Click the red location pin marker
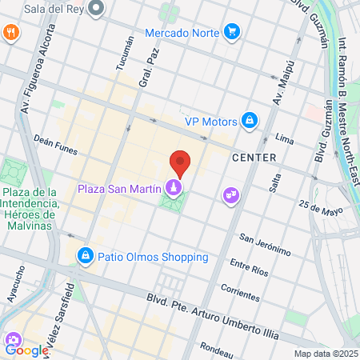[x=181, y=162]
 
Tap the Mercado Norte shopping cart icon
[x=232, y=32]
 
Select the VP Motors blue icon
[x=250, y=121]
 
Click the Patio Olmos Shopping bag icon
[x=84, y=256]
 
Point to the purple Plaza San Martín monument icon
[x=173, y=188]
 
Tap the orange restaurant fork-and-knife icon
[x=10, y=32]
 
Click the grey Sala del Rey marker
[x=97, y=9]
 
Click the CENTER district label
[x=254, y=158]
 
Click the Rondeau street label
[x=216, y=347]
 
